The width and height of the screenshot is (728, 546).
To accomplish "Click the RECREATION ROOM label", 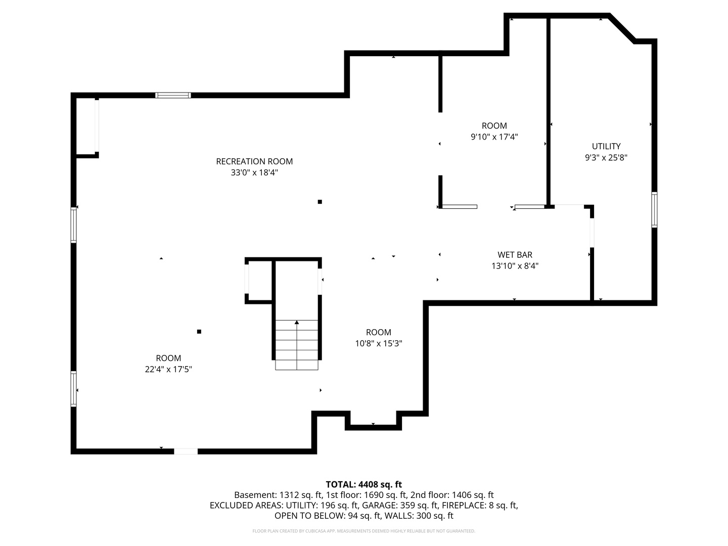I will click(254, 161).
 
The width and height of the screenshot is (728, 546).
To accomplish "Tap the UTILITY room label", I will click(606, 146).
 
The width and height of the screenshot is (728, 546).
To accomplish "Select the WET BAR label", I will click(515, 255).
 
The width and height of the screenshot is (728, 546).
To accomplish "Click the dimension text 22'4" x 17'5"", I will click(168, 370).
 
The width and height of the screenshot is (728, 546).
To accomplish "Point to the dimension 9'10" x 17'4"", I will click(494, 136).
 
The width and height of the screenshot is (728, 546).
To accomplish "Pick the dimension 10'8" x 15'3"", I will click(378, 344).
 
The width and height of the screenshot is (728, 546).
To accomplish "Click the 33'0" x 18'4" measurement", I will click(254, 173).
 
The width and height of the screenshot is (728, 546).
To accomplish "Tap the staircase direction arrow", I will click(297, 322).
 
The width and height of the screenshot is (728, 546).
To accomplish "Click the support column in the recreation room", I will click(320, 202).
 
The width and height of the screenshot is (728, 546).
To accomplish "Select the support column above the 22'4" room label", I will click(199, 332).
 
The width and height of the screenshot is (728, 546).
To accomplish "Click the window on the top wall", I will click(173, 95).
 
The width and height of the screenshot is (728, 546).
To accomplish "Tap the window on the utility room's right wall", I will click(654, 209).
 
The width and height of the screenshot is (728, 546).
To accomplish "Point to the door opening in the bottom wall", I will click(186, 451).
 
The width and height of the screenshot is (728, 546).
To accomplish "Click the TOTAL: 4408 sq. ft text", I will click(363, 484).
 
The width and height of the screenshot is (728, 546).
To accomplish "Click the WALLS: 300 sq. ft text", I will click(419, 516).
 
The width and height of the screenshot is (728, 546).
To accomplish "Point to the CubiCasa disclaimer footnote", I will click(363, 531).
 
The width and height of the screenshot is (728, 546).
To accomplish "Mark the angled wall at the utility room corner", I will click(622, 28).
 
